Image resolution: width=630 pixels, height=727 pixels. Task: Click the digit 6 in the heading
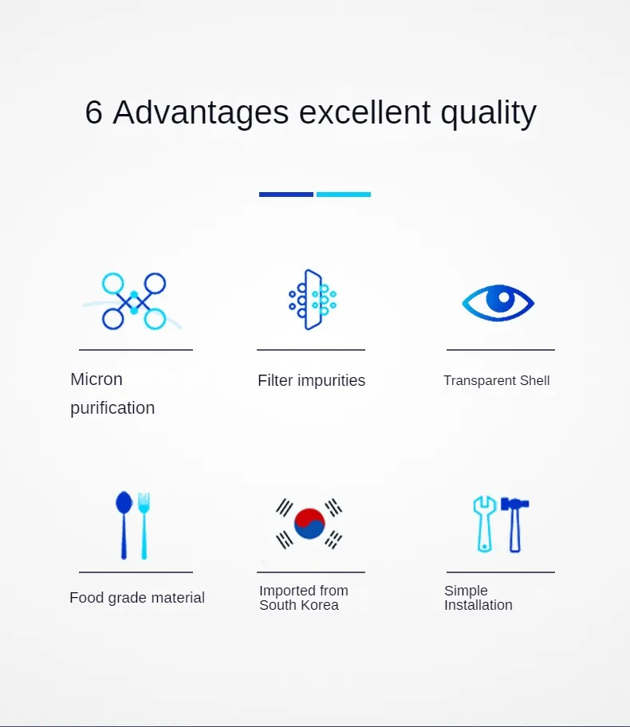click(94, 112)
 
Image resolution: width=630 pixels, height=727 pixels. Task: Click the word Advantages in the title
click(201, 112)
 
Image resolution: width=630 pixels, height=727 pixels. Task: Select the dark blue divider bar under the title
click(285, 195)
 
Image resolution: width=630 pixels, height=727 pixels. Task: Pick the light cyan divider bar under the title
click(344, 195)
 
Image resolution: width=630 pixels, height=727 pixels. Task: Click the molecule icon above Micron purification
click(134, 301)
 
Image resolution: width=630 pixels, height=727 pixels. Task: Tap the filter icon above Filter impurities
click(313, 300)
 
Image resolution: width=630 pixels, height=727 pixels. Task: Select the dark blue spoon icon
click(124, 525)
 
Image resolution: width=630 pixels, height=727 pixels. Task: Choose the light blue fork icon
click(144, 526)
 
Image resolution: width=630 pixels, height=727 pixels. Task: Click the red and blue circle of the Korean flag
click(309, 524)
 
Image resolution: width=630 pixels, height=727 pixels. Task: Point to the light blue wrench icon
click(485, 525)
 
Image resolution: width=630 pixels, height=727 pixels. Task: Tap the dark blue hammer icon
click(515, 525)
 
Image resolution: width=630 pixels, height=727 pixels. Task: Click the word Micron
click(96, 379)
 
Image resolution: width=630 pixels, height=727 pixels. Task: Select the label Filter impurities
click(312, 381)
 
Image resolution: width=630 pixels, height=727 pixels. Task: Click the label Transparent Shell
click(497, 381)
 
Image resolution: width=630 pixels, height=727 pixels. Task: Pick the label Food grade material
click(137, 598)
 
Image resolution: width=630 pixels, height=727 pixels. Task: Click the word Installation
click(478, 605)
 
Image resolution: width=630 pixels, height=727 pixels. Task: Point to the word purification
click(112, 408)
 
